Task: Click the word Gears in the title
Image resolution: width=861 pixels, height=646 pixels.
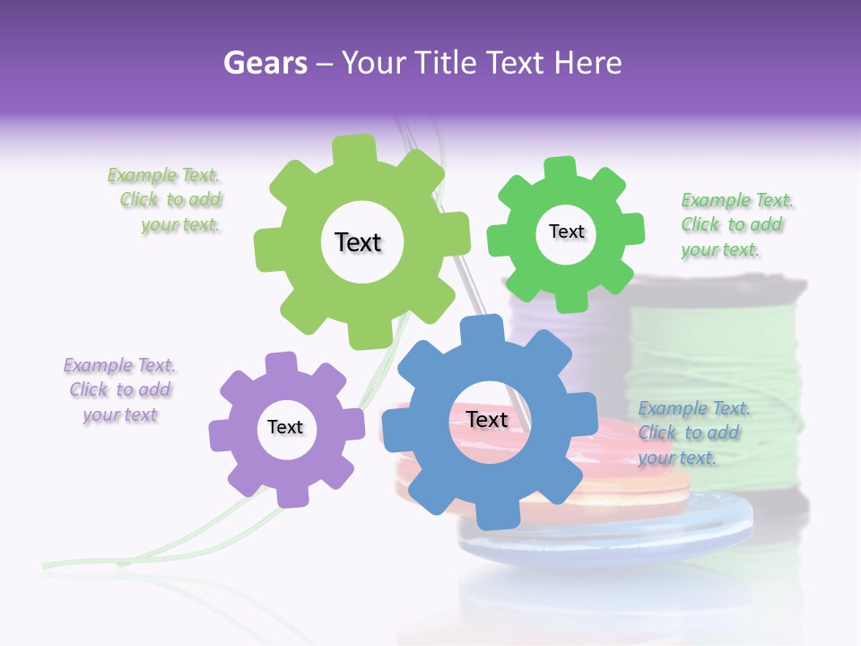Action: [x=265, y=63]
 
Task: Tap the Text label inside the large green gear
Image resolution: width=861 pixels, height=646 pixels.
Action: [x=358, y=242]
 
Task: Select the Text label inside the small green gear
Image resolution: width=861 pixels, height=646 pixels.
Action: [x=566, y=231]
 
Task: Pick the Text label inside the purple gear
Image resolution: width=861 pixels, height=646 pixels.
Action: [x=285, y=427]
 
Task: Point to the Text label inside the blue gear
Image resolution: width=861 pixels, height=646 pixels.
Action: [x=487, y=419]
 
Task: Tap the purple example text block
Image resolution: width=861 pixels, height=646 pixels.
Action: [x=119, y=389]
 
